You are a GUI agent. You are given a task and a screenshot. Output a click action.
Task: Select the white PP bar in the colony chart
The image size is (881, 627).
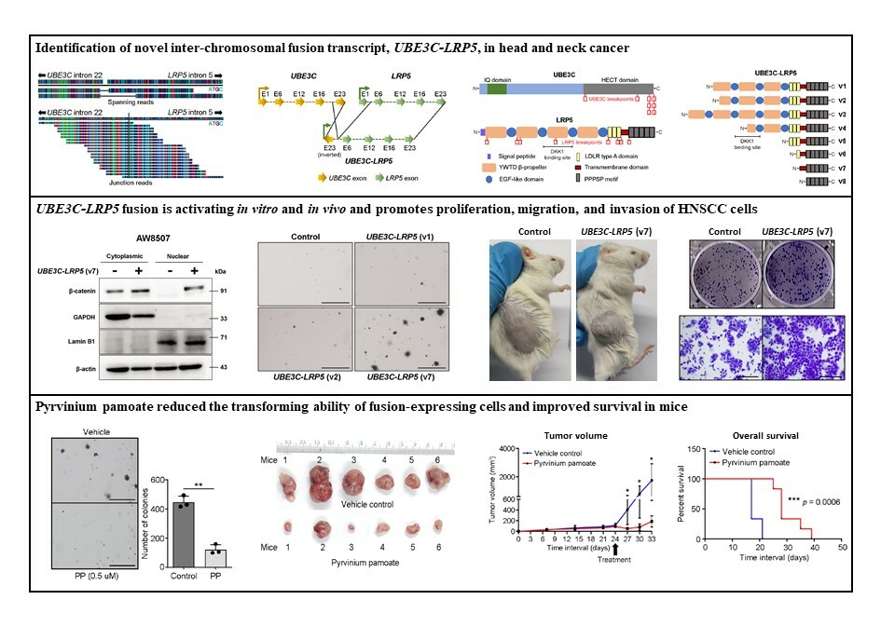216,556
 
